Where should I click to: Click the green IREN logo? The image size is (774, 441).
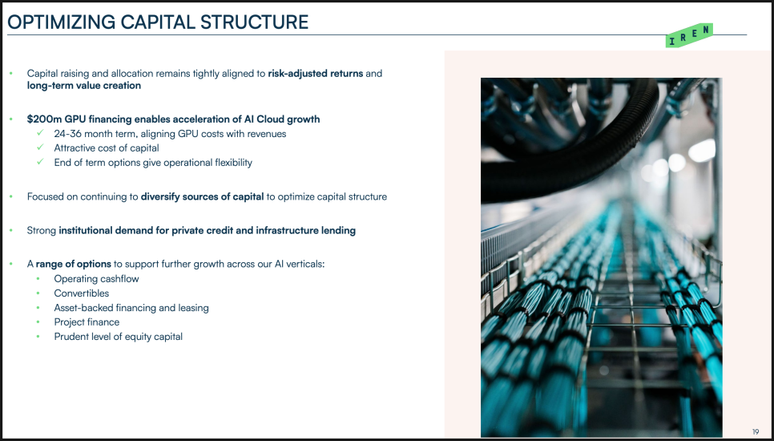689,35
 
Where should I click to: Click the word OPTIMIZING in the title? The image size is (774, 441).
61,22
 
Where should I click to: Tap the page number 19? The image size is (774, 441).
756,431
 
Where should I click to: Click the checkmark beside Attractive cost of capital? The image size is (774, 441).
41,148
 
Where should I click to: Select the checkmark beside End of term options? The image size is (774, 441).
41,162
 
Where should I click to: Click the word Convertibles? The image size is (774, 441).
82,293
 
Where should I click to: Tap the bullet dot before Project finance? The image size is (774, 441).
38,322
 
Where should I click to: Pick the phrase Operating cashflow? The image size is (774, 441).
97,279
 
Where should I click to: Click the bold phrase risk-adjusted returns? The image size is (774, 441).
316,74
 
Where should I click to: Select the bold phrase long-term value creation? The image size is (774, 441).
84,86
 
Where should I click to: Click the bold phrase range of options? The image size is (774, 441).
73,265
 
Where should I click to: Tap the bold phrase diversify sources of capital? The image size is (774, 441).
203,197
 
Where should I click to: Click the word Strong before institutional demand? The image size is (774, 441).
42,231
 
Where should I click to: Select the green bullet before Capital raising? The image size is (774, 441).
11,74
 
